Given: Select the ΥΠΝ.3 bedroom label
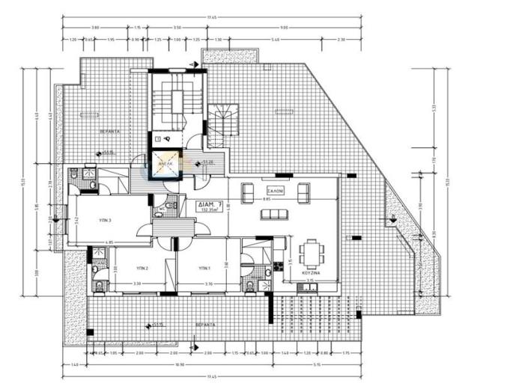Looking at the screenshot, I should tap(106, 221).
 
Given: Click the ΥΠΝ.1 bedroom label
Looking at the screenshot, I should tap(205, 268).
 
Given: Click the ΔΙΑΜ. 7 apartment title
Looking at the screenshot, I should tap(209, 203).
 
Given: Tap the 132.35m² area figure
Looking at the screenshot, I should tap(209, 210).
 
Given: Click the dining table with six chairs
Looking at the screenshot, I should tap(312, 253).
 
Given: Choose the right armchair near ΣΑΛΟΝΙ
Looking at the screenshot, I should tap(303, 192).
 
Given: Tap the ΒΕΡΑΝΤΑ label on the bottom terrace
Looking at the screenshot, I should tap(198, 326).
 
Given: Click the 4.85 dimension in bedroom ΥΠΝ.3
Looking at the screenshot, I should tap(109, 242).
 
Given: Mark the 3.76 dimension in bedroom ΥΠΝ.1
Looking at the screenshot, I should tap(209, 284).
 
